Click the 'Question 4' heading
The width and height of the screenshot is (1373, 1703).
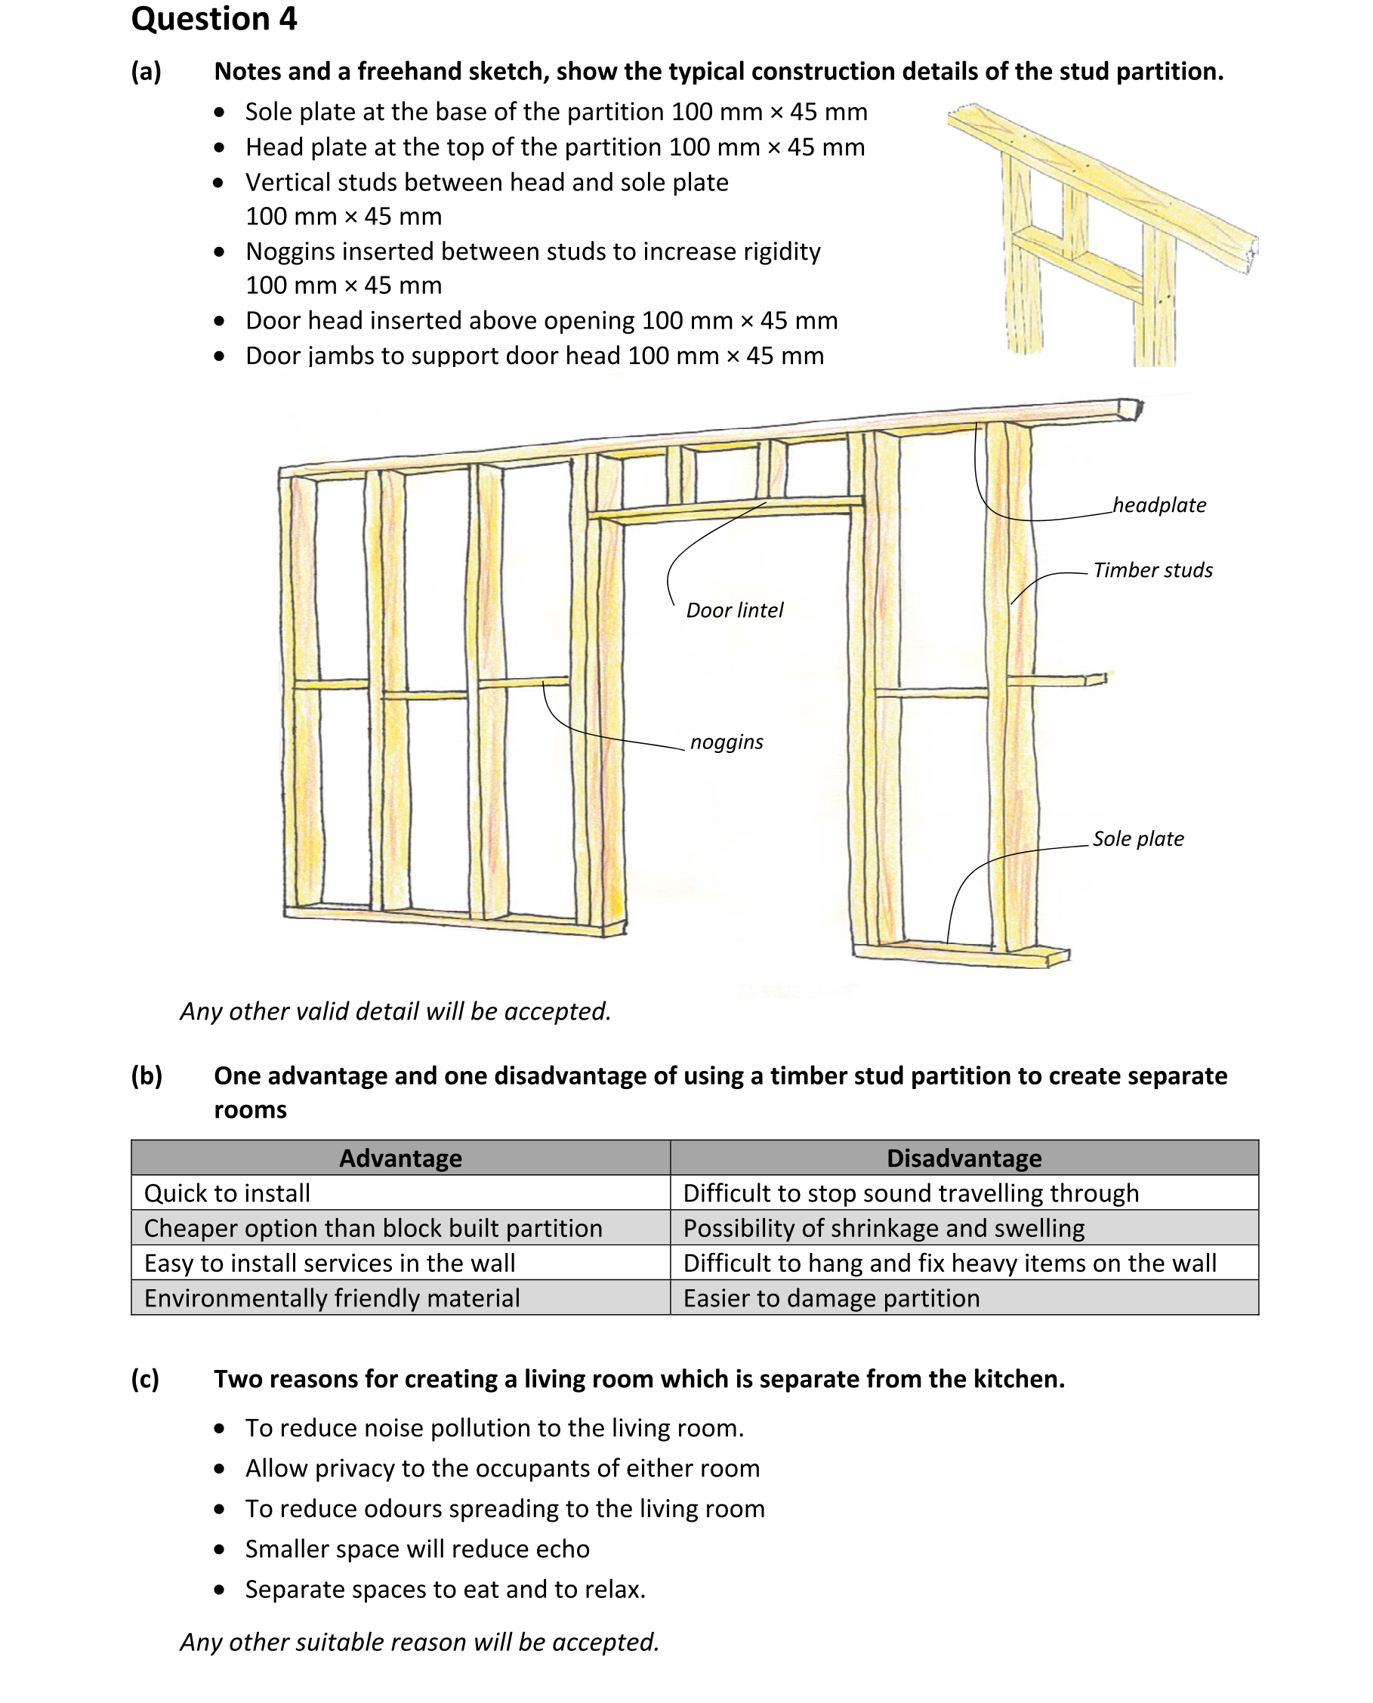pyautogui.click(x=214, y=19)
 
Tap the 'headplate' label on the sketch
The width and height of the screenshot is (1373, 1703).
pyautogui.click(x=1159, y=504)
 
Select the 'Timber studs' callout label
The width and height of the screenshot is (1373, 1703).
pyautogui.click(x=1152, y=569)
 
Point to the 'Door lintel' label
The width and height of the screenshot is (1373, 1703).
pyautogui.click(x=734, y=610)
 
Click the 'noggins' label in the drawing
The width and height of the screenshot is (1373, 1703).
pyautogui.click(x=726, y=742)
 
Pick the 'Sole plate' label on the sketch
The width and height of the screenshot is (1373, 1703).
pyautogui.click(x=1137, y=838)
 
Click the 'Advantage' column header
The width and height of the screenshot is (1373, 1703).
pyautogui.click(x=400, y=1158)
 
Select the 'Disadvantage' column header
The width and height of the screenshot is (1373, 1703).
pyautogui.click(x=964, y=1158)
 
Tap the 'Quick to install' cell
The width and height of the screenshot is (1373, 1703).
pyautogui.click(x=227, y=1192)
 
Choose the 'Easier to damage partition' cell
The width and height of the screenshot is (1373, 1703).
pyautogui.click(x=831, y=1298)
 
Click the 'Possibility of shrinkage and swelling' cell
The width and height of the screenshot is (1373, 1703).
pyautogui.click(x=884, y=1228)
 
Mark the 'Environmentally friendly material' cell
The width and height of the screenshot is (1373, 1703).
pyautogui.click(x=332, y=1298)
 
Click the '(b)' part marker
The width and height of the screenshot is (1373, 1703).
pyautogui.click(x=147, y=1075)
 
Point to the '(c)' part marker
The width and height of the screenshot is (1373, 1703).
pyautogui.click(x=146, y=1379)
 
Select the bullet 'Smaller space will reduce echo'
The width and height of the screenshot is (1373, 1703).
pyautogui.click(x=417, y=1549)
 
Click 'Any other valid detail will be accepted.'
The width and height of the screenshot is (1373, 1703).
pyautogui.click(x=396, y=1011)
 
